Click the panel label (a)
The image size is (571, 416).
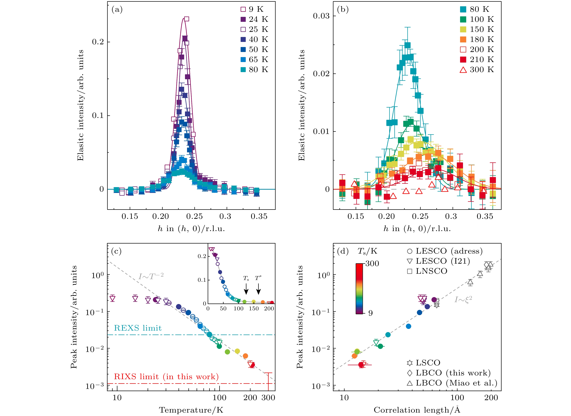[117, 10]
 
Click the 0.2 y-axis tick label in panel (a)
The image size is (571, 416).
[98, 42]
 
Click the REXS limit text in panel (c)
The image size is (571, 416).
[138, 328]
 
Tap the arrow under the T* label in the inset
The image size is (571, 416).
[258, 289]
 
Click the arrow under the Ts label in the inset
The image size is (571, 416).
[246, 289]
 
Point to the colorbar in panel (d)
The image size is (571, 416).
[359, 289]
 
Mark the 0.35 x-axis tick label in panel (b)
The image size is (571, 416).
[485, 216]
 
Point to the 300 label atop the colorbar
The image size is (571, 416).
[372, 263]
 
